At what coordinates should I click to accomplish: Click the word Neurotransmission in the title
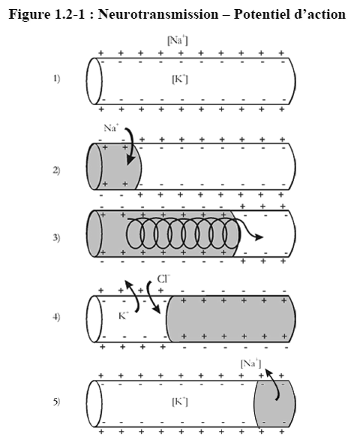point(158,14)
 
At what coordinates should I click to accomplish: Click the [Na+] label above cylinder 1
point(178,40)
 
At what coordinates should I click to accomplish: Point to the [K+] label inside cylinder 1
point(180,80)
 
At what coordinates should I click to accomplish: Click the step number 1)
point(57,79)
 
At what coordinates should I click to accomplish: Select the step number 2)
point(57,170)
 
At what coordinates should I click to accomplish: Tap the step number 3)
point(57,238)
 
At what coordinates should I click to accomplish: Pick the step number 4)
point(57,318)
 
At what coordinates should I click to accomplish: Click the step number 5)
point(57,402)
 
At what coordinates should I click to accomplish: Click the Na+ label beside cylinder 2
point(111,128)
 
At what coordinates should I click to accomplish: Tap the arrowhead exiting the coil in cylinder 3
point(259,237)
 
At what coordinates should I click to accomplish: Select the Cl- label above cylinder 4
point(163,279)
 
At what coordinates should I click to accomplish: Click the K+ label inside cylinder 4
point(123,315)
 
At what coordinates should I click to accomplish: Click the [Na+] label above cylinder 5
point(251,363)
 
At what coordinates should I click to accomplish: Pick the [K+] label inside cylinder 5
point(180,402)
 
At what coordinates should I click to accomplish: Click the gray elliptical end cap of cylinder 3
point(94,234)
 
